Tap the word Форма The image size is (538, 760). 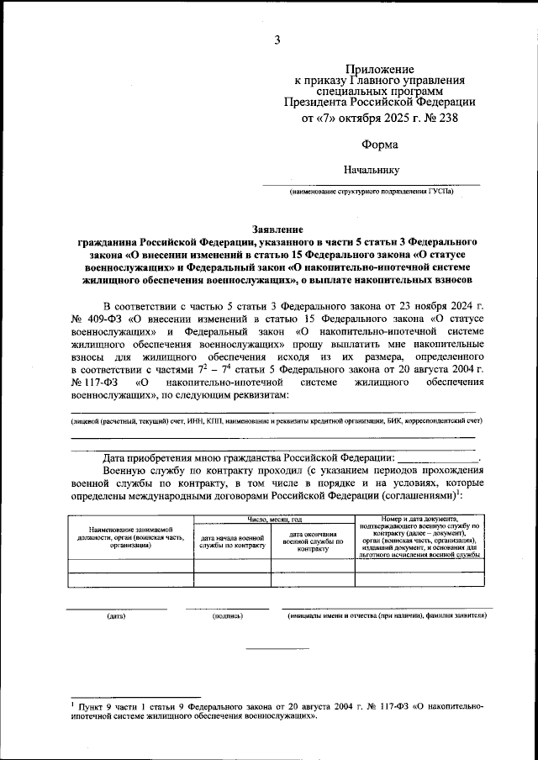380,145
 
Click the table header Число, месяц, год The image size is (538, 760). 274,520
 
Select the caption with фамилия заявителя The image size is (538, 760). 387,616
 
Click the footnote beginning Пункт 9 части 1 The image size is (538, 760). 277,713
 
